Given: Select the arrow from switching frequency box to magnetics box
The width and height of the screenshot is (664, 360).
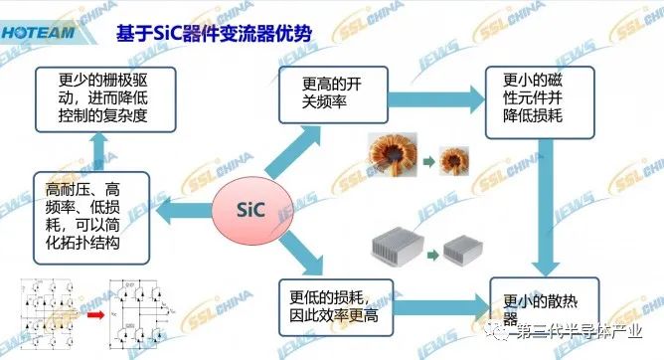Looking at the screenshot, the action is (435, 98).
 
